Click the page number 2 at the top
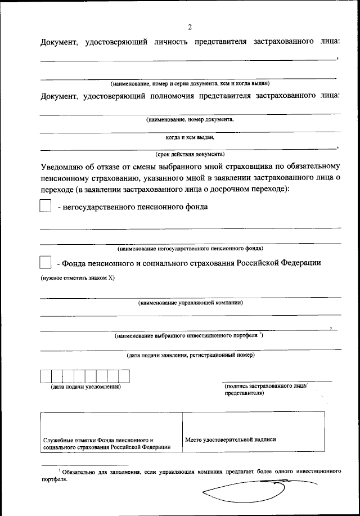[x=190, y=26]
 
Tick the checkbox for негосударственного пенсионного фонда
[x=45, y=207]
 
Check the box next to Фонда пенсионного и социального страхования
[x=45, y=263]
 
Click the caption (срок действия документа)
[x=190, y=154]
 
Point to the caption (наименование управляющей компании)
[x=190, y=303]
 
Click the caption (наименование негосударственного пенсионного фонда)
[x=190, y=248]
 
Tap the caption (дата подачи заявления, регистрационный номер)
[x=190, y=355]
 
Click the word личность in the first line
[x=170, y=42]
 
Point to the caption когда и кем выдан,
[x=190, y=136]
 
